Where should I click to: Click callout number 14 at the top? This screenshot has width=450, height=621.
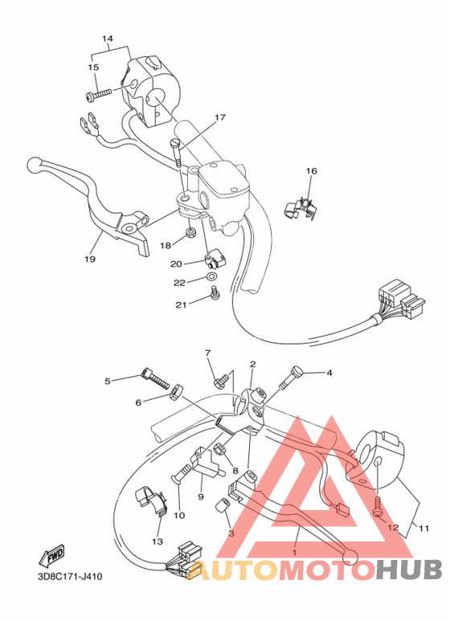point(108,39)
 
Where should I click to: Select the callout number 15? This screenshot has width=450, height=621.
point(93,67)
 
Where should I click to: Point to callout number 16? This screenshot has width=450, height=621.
point(311,171)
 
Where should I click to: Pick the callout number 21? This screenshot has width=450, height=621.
point(182,304)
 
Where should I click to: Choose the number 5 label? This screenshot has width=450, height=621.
point(108,380)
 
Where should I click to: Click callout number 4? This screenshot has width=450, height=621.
point(328,373)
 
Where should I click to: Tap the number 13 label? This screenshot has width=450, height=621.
point(156,541)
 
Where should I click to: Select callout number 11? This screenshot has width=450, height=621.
point(423,529)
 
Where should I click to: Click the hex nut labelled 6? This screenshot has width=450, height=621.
point(173,393)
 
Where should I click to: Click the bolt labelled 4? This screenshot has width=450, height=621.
point(292,375)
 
